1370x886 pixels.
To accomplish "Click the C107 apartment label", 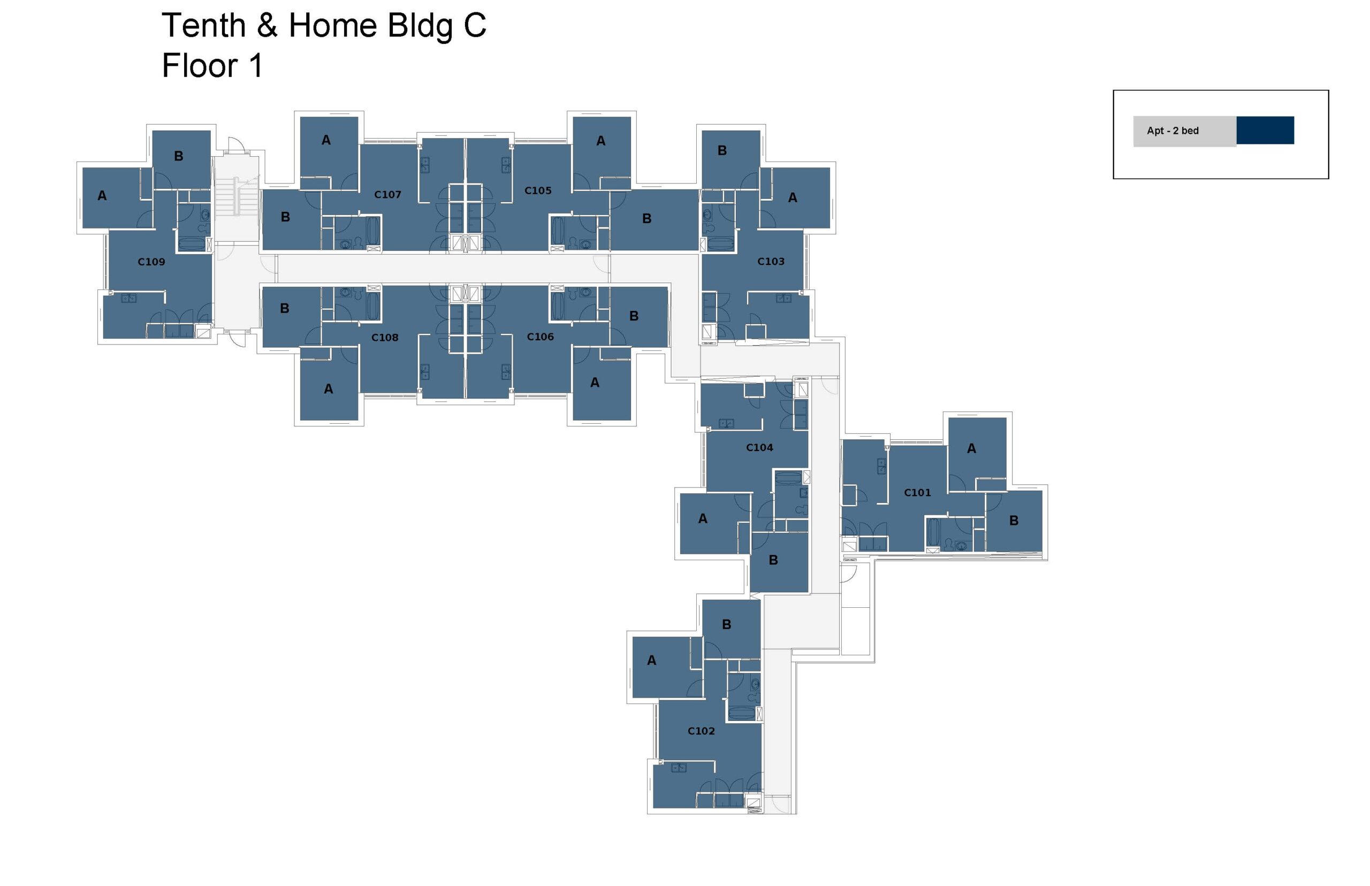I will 387,194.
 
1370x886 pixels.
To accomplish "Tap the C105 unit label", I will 537,190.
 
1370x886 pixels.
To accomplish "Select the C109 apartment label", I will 151,262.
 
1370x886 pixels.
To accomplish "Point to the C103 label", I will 771,261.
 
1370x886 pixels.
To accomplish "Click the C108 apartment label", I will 384,337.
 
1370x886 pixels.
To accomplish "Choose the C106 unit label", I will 540,337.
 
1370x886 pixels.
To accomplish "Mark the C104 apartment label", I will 759,447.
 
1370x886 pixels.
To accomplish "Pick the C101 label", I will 917,492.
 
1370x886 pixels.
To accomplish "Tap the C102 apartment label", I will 701,731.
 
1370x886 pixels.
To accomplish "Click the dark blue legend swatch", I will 1264,130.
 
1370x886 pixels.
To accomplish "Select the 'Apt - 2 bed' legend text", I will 1172,131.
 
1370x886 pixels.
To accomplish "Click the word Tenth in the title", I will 204,26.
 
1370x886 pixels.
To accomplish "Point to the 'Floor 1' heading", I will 212,66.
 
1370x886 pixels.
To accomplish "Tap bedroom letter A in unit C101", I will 971,449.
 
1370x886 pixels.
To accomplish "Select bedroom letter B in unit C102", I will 726,624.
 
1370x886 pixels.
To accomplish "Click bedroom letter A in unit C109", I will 102,196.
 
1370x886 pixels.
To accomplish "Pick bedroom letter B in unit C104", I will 773,560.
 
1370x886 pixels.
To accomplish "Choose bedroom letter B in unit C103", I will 721,151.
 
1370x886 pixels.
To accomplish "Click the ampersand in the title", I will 267,26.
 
